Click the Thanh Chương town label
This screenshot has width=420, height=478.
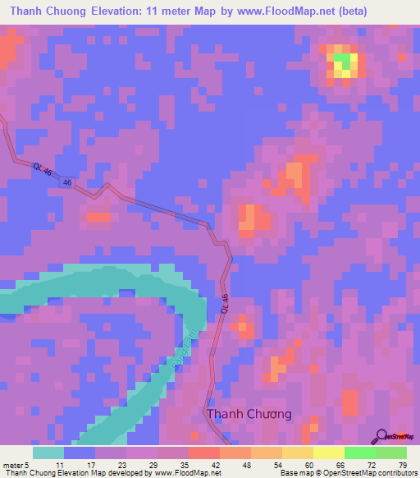[249, 414]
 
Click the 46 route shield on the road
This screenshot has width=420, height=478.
[66, 182]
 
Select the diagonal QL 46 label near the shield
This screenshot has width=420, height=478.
[42, 168]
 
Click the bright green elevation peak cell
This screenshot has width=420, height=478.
[345, 61]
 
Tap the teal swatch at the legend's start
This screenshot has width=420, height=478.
[48, 453]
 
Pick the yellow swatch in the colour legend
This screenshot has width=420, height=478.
[328, 453]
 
